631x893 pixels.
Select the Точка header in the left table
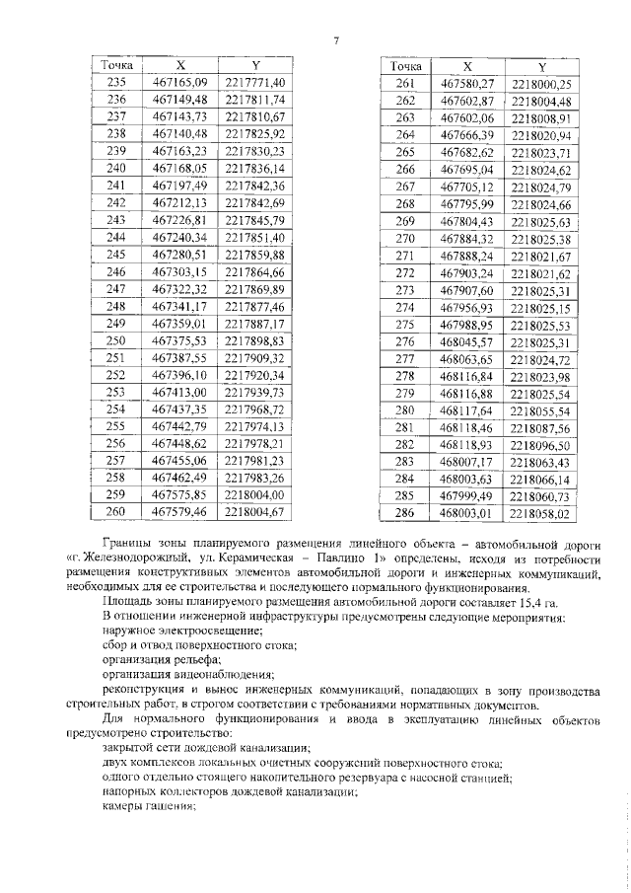point(116,64)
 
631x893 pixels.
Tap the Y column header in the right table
point(542,67)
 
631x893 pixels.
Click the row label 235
point(116,82)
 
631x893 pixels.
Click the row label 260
point(116,512)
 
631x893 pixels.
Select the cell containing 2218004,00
point(254,494)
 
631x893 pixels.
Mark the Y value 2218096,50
point(542,446)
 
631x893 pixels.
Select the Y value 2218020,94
point(542,135)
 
